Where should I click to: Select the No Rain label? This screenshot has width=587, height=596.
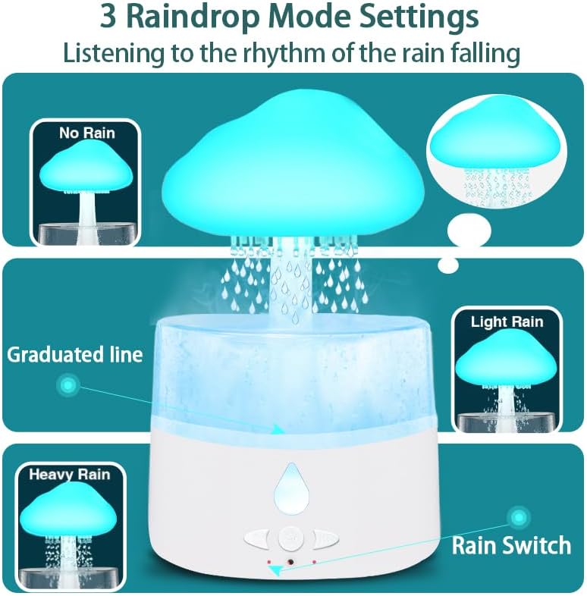(x=87, y=133)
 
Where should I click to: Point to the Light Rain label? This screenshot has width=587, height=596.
(x=507, y=322)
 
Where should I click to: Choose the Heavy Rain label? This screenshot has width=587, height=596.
(x=69, y=475)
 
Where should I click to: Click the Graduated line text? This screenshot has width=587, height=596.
(x=75, y=354)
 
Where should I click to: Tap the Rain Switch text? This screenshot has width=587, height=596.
(x=511, y=544)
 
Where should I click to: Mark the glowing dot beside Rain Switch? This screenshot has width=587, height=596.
(x=519, y=518)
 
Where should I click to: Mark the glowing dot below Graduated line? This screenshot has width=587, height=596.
(x=68, y=386)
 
